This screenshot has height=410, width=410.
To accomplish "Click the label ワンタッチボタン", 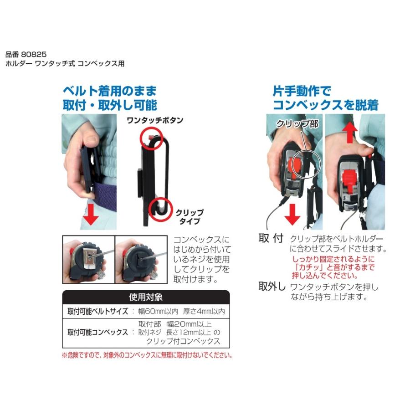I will click(x=154, y=120).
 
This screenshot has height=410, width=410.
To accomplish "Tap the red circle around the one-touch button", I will click(x=152, y=136).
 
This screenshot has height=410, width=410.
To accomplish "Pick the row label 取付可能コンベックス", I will click(x=97, y=332).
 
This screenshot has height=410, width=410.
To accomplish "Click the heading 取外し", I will click(x=272, y=287).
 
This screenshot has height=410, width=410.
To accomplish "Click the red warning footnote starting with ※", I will click(x=146, y=355).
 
